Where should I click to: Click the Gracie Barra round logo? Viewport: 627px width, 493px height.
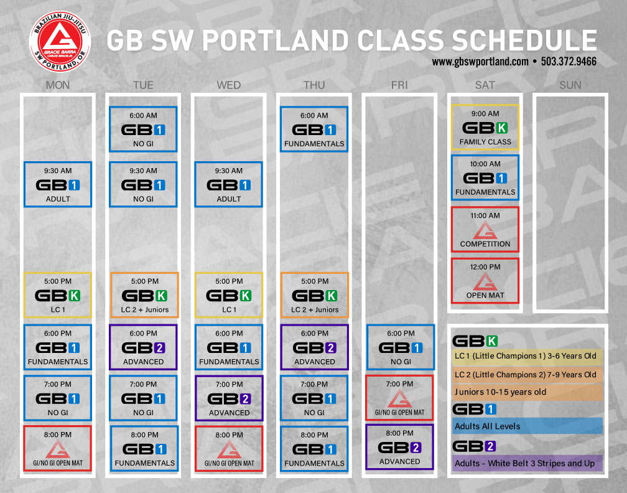click(60, 42)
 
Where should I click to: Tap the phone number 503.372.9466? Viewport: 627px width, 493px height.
click(569, 62)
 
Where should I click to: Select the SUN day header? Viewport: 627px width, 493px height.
click(570, 85)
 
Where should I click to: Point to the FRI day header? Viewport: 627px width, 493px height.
click(399, 85)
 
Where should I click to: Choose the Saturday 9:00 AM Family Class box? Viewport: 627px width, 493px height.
click(485, 127)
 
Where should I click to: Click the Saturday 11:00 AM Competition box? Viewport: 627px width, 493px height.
click(485, 229)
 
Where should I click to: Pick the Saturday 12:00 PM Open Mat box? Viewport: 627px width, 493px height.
click(485, 281)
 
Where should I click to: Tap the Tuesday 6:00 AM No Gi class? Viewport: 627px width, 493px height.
click(143, 129)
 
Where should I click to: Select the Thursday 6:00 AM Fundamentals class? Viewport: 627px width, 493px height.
click(314, 129)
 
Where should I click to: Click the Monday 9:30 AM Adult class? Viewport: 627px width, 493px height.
click(58, 184)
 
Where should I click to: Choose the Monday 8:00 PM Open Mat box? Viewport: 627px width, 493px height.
click(58, 448)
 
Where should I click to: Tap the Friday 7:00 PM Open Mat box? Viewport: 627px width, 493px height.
click(399, 398)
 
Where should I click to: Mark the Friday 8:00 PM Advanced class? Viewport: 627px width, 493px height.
click(399, 446)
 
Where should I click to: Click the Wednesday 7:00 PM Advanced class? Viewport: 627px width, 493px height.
click(229, 398)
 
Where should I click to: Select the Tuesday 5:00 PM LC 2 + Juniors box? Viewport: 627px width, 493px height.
click(144, 295)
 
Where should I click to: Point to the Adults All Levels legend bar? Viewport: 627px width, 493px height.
click(527, 426)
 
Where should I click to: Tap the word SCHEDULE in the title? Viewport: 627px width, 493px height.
click(524, 40)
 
